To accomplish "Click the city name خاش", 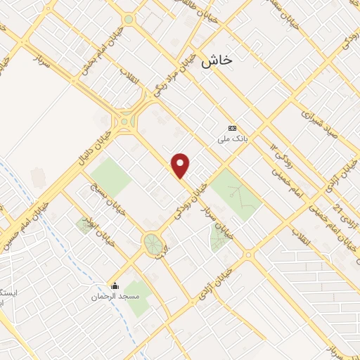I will pyautogui.click(x=217, y=61).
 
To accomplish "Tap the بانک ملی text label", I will pyautogui.click(x=232, y=140).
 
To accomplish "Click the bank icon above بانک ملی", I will pyautogui.click(x=232, y=128).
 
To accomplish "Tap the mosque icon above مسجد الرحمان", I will pyautogui.click(x=115, y=285).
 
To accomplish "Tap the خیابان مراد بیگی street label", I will pyautogui.click(x=171, y=77).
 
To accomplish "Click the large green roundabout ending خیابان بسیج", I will pyautogui.click(x=152, y=244).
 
